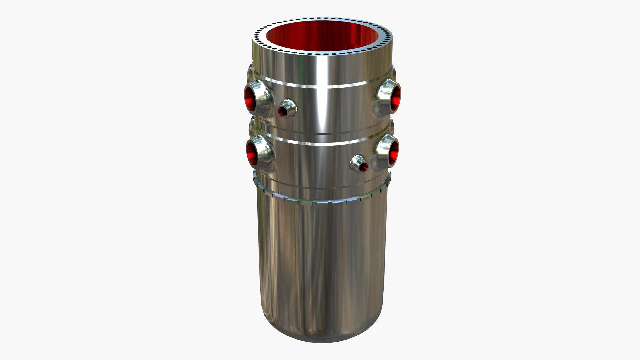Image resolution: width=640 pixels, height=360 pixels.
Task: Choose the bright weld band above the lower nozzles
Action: tap(320, 143)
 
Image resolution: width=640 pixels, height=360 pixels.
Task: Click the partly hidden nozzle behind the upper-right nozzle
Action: tap(394, 72)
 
